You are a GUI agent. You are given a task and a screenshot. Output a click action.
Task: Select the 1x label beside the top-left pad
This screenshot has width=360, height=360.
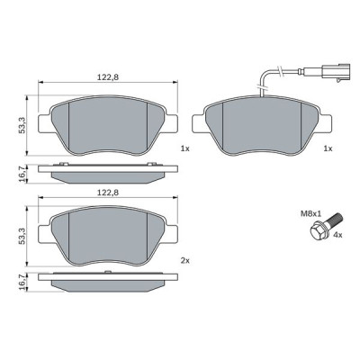[184, 148]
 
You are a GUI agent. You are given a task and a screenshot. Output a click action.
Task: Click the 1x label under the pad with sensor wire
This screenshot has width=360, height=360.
[328, 148]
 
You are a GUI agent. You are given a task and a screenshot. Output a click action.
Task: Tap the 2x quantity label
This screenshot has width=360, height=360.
[184, 260]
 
